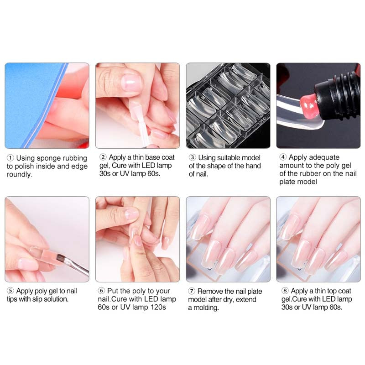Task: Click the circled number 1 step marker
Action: pos(10,158)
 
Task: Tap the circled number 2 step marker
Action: pos(103,157)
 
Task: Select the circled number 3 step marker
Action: pos(193,157)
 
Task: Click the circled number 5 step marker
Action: pos(10,291)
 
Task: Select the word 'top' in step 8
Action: pos(326,291)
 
